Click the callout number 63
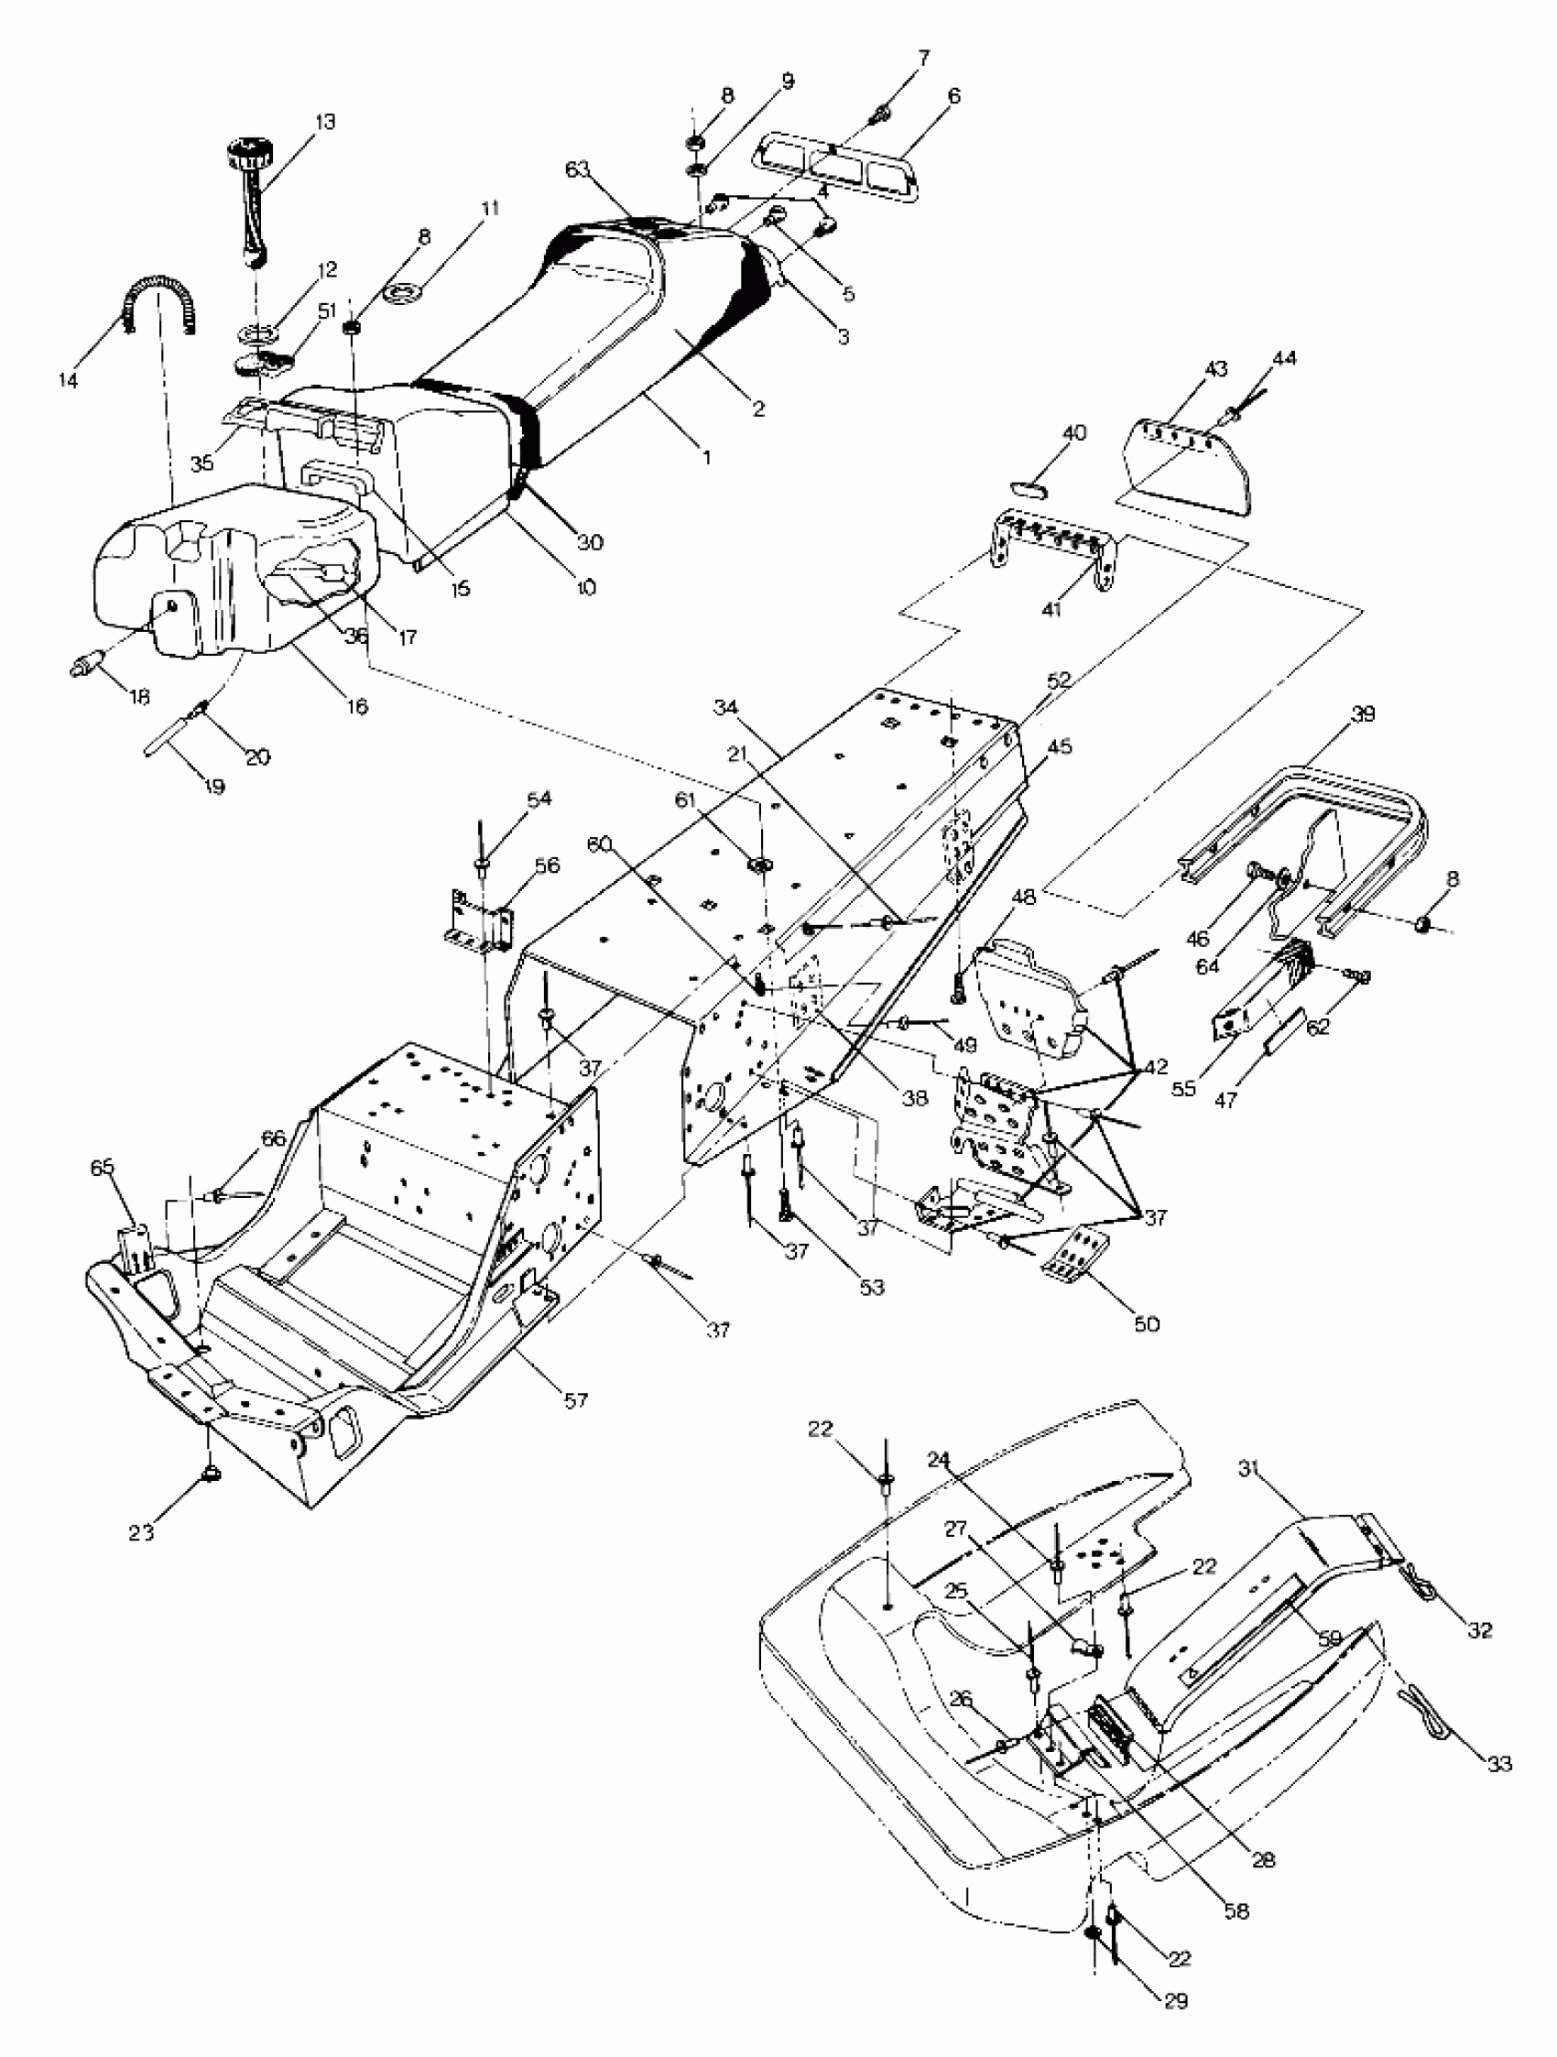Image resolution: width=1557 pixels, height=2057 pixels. [x=578, y=169]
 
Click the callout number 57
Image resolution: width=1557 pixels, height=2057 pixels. [x=576, y=1399]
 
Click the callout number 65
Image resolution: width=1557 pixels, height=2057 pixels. [x=103, y=1192]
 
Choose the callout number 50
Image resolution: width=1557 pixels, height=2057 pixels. [x=1147, y=1322]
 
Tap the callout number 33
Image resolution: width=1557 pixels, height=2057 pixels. [x=1499, y=1762]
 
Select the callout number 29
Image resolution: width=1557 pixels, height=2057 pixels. [x=1176, y=2000]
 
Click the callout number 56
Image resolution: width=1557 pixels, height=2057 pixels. [x=547, y=865]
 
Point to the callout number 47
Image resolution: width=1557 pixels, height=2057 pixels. [x=1226, y=1100]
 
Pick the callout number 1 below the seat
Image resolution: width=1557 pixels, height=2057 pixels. [x=706, y=458]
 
